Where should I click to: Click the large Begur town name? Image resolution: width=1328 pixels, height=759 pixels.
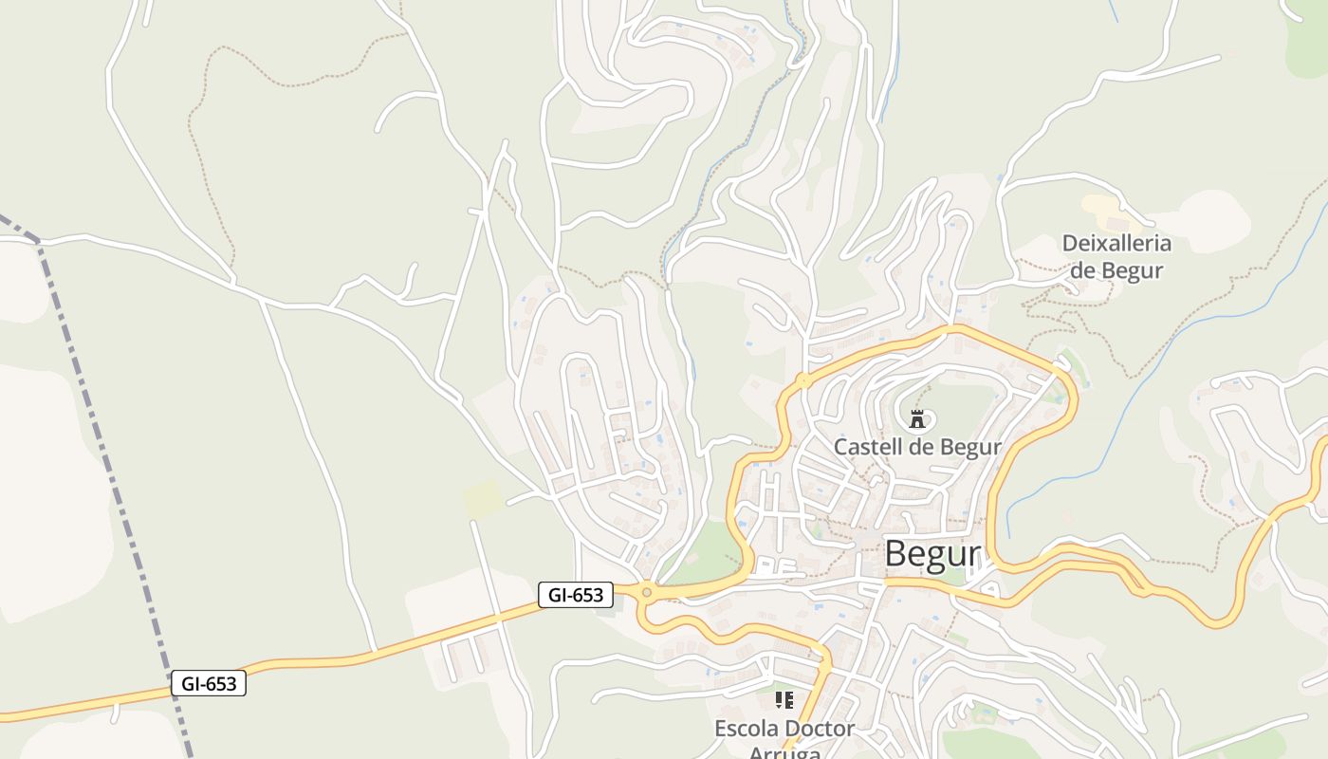931,554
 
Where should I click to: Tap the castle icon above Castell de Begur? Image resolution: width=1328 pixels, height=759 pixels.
916,418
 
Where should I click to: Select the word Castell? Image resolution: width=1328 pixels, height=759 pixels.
865,447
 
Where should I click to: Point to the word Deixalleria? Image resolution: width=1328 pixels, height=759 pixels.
1116,243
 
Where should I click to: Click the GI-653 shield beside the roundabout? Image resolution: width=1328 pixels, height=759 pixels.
576,595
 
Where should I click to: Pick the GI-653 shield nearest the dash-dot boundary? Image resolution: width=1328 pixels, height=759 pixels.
209,683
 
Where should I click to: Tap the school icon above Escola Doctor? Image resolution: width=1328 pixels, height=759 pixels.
784,701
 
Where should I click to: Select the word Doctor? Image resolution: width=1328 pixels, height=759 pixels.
820,729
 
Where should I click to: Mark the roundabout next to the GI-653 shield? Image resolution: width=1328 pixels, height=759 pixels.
647,593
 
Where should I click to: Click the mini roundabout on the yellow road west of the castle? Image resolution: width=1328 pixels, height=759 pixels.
803,381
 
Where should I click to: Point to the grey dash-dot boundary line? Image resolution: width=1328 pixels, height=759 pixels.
114,474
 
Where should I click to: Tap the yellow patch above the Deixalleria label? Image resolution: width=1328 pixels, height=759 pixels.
1100,205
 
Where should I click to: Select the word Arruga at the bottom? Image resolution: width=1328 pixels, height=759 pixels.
784,752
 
